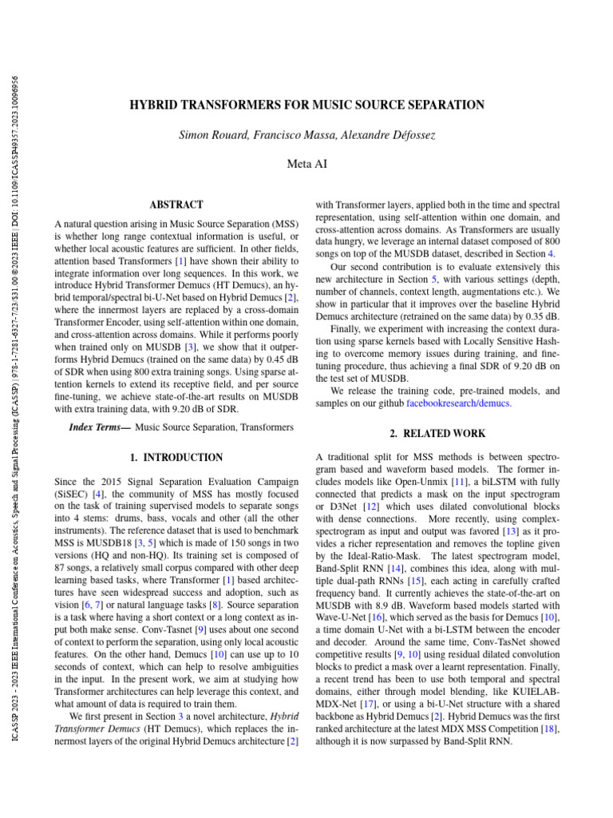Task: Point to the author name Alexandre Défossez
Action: (390, 136)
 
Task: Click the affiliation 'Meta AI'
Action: (306, 165)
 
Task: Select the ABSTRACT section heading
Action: (176, 205)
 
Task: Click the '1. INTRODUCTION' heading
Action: (176, 458)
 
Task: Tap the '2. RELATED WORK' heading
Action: (437, 434)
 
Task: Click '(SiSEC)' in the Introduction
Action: (71, 495)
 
